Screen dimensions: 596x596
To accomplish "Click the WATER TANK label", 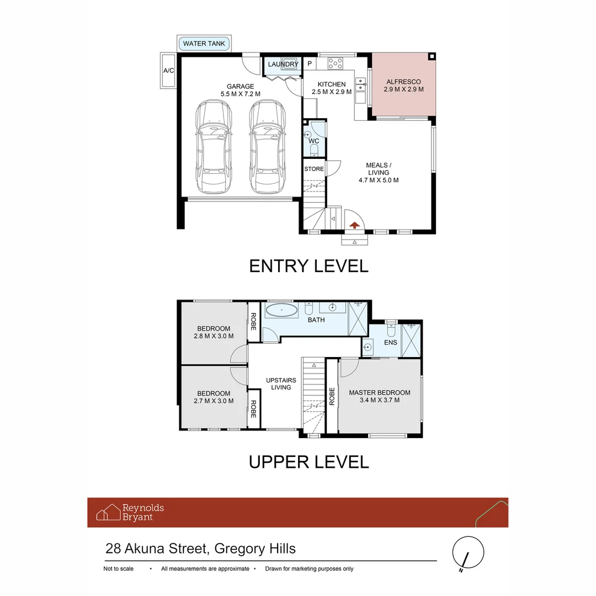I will pyautogui.click(x=204, y=44).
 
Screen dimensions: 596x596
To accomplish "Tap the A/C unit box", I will pyautogui.click(x=168, y=71).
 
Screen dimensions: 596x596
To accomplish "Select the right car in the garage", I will pyautogui.click(x=267, y=147).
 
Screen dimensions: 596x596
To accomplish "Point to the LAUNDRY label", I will pyautogui.click(x=283, y=65).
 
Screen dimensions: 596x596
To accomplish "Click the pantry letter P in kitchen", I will pyautogui.click(x=310, y=64).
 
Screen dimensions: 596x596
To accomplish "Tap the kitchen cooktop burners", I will pyautogui.click(x=335, y=63).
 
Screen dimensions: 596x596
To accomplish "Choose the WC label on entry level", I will pyautogui.click(x=314, y=141).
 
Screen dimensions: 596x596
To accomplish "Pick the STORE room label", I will pyautogui.click(x=314, y=169).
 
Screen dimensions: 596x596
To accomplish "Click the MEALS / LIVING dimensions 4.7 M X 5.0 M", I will pyautogui.click(x=379, y=180).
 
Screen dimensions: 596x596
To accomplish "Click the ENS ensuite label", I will pyautogui.click(x=391, y=343).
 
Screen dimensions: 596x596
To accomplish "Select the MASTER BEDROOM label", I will pyautogui.click(x=380, y=393).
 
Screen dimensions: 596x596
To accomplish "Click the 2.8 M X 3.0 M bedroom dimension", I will pyautogui.click(x=214, y=336).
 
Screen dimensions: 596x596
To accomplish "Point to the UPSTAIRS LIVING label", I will pyautogui.click(x=281, y=384).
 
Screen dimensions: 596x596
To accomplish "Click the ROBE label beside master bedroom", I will pyautogui.click(x=332, y=396).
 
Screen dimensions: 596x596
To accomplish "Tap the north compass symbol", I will pyautogui.click(x=468, y=552).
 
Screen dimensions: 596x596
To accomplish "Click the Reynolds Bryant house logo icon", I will pyautogui.click(x=109, y=512).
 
